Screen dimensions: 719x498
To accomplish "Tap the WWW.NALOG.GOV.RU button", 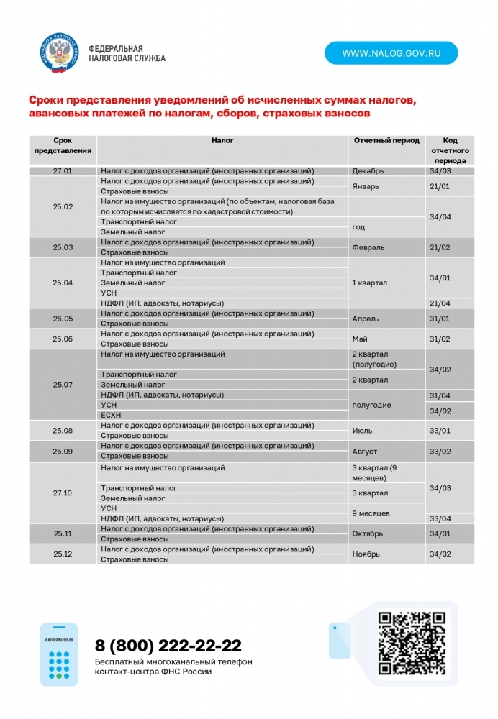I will click(391, 53).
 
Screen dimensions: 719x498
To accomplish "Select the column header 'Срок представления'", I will click(63, 145).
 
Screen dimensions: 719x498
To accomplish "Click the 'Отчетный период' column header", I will click(386, 141).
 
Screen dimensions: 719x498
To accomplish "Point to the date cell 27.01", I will click(63, 171).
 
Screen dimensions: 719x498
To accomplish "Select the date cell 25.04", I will click(63, 283).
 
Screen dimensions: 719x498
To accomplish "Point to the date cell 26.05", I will click(63, 319).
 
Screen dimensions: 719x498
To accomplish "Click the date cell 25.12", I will click(63, 554).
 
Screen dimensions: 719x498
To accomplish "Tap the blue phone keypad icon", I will click(58, 654).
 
